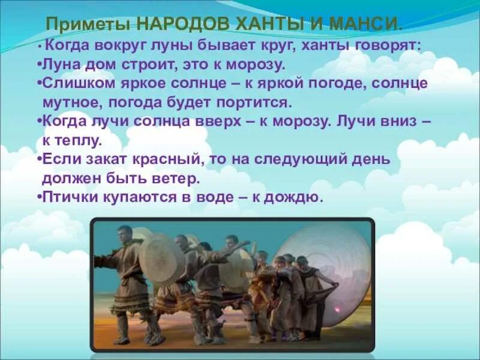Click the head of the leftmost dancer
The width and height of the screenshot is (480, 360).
pyautogui.click(x=124, y=232)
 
